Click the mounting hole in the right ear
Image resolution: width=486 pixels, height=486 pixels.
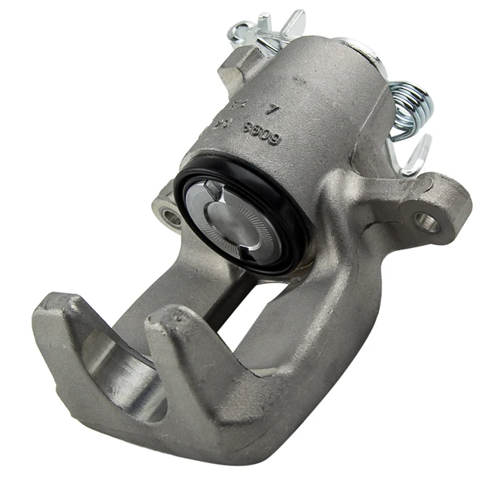click(x=427, y=222)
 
